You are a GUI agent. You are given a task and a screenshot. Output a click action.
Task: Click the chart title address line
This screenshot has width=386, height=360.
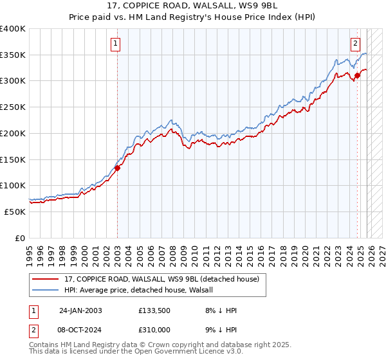(x=193, y=6)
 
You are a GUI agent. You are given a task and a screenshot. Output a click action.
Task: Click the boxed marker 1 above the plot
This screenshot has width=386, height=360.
(x=115, y=44)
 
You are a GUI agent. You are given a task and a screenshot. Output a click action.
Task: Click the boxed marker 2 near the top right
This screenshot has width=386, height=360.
(x=355, y=44)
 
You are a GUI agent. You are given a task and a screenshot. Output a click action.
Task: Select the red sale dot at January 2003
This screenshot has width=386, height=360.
(x=118, y=168)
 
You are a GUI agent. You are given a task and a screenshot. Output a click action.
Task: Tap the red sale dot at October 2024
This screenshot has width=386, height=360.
(x=357, y=76)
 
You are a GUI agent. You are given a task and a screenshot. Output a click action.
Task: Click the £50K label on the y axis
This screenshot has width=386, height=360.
(x=15, y=212)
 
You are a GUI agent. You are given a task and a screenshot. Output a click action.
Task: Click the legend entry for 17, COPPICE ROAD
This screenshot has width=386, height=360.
(x=161, y=279)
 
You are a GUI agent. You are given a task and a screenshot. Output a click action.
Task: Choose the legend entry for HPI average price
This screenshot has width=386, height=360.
(x=142, y=290)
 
